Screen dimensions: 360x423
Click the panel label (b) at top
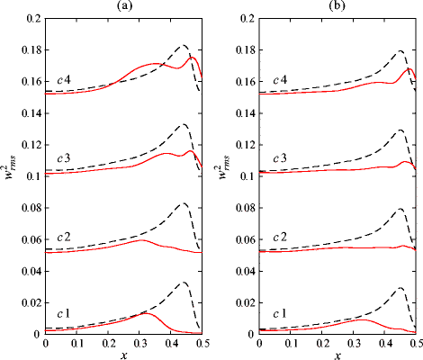pos(340,6)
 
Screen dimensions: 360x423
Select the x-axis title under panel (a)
pos(123,354)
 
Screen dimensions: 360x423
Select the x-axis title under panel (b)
pos(340,354)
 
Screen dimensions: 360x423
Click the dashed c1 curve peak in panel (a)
pos(183,282)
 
